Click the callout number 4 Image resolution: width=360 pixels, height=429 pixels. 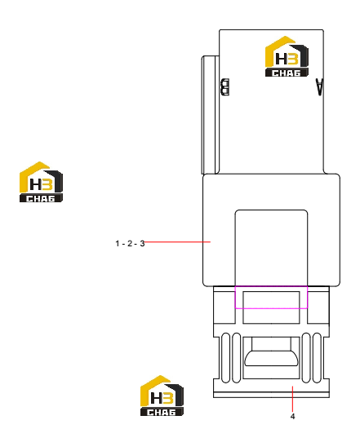click(293, 417)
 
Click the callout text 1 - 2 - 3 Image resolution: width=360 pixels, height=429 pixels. click(130, 244)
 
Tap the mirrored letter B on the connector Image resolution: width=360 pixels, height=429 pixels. click(225, 87)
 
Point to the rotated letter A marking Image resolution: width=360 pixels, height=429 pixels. click(319, 87)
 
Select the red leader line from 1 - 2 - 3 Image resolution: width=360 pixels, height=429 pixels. click(177, 242)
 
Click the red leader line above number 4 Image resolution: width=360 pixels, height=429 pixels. click(293, 400)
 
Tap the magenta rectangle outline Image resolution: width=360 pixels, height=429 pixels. click(271, 286)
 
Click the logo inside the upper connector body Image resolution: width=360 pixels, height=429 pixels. click(287, 56)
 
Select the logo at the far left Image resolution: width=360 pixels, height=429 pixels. click(41, 182)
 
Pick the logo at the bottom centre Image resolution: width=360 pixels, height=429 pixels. click(162, 396)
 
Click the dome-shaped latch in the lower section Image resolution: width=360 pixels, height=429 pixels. click(271, 358)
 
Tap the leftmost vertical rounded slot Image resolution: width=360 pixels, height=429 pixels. click(225, 358)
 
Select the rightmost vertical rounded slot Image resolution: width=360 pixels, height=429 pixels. click(317, 358)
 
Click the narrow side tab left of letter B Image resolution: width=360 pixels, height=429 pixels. click(211, 115)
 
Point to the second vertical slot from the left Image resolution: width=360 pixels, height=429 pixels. click(237, 358)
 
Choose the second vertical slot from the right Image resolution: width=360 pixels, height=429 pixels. click(306, 358)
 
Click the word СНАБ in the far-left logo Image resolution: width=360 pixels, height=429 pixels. click(41, 198)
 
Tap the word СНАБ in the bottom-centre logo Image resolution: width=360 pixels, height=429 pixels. click(162, 412)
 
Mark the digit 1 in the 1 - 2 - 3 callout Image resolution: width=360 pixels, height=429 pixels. click(118, 244)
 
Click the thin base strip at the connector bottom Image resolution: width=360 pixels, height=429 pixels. click(271, 395)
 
